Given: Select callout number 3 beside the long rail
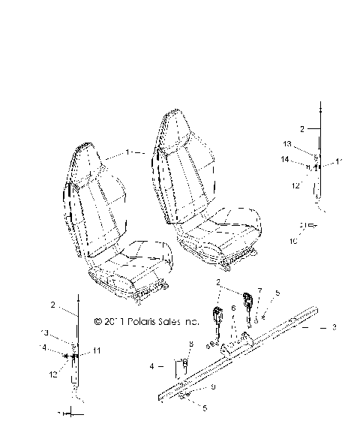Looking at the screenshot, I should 334,328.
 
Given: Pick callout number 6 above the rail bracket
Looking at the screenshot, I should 233,308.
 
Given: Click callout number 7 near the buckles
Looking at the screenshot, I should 261,290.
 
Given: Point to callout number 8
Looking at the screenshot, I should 191,344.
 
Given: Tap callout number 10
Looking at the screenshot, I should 293,242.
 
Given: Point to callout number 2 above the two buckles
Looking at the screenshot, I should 218,282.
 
